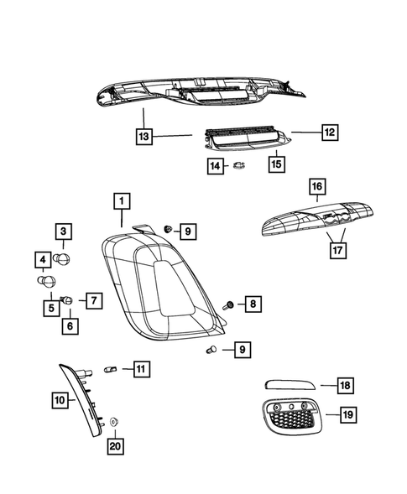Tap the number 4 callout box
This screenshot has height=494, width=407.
pos(42,259)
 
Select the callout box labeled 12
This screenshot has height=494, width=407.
pos(330,132)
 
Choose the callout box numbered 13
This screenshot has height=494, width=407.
pos(143,135)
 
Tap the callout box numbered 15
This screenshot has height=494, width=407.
pos(276,164)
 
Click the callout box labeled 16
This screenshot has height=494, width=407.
pos(316,186)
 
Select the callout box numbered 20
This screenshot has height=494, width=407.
pos(115,445)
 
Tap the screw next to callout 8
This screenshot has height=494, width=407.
pos(229,304)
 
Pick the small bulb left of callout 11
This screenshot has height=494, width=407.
pos(108,368)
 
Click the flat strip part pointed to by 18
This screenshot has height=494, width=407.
pos(289,385)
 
